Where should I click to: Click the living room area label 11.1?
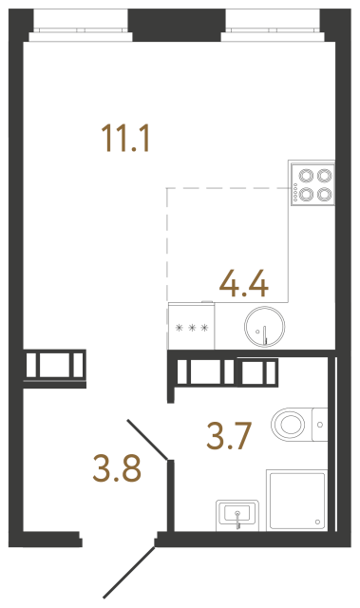(x=126, y=139)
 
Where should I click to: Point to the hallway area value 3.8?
(x=118, y=467)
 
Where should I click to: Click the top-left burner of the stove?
(x=307, y=176)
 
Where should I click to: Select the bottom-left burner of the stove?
(x=307, y=194)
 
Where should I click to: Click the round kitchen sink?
(x=262, y=329)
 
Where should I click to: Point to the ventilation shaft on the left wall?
(x=55, y=365)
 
